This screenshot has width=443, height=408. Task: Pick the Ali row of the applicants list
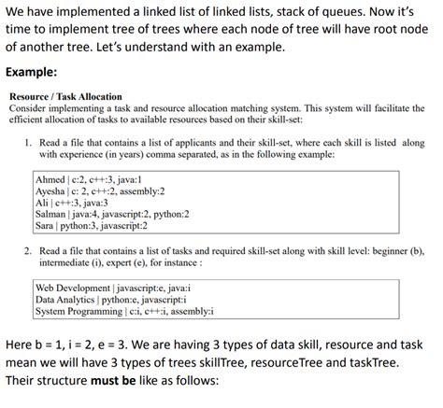pyautogui.click(x=71, y=202)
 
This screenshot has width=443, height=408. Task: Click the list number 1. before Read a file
pyautogui.click(x=29, y=142)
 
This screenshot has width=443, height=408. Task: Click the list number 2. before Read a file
pyautogui.click(x=29, y=251)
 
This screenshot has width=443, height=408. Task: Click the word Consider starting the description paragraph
pyautogui.click(x=28, y=108)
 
